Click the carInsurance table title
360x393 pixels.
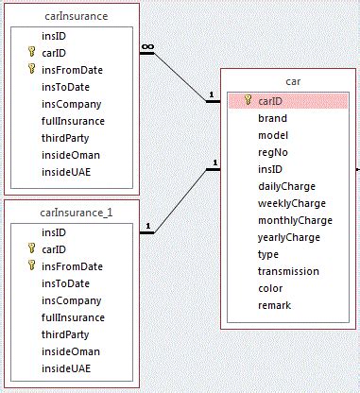click(x=76, y=16)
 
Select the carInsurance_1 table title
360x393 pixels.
click(x=76, y=213)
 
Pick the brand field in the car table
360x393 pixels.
click(x=272, y=119)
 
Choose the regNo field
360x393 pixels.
click(x=273, y=153)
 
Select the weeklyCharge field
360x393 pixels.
click(x=291, y=203)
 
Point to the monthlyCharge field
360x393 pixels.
click(x=295, y=220)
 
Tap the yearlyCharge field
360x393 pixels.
click(x=289, y=237)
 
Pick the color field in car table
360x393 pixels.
click(x=271, y=288)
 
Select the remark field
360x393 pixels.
click(x=274, y=305)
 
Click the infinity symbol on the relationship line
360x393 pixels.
click(x=146, y=46)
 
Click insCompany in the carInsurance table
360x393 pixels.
click(x=71, y=104)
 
